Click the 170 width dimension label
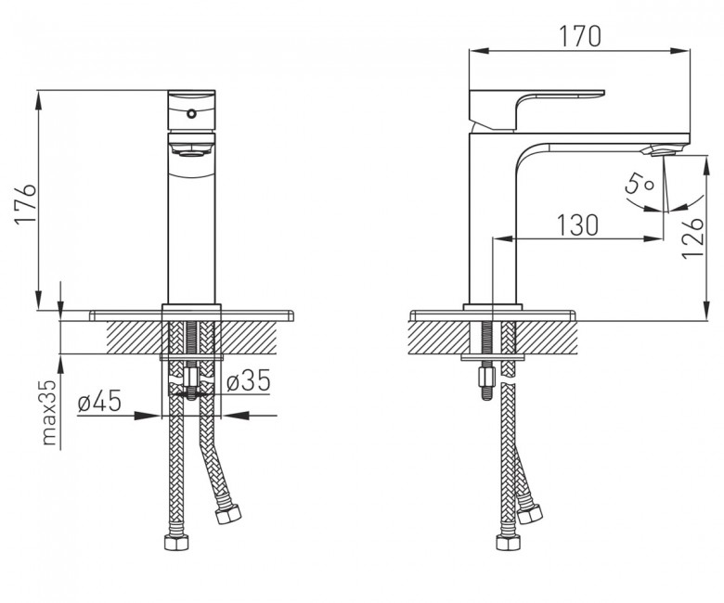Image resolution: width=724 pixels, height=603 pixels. coord(580,36)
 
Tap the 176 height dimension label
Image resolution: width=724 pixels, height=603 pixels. coord(25,203)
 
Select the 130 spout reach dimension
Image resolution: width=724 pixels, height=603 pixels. coord(577,225)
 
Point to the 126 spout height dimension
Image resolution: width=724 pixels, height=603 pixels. coord(692,237)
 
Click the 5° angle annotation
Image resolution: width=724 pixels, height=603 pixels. coord(639,183)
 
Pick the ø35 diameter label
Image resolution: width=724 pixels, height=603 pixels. coord(249,381)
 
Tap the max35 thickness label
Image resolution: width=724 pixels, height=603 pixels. coord(49,413)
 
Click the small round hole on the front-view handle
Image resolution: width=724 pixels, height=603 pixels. coord(190,113)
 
